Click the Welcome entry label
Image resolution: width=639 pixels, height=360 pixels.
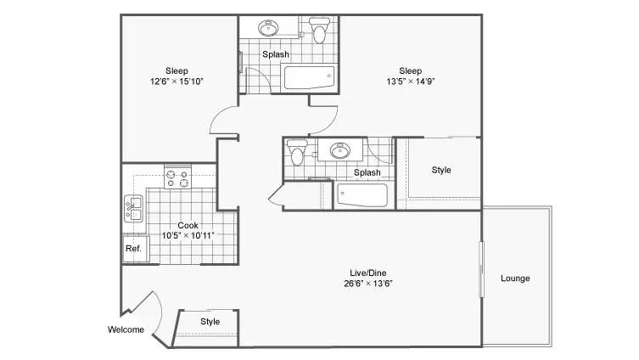(126, 329)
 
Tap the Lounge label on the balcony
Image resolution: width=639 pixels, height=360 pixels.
(515, 278)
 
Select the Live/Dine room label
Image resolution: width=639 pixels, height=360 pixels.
(368, 273)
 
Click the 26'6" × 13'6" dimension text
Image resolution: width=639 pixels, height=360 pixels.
(368, 284)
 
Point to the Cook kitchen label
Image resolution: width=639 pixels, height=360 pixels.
(188, 225)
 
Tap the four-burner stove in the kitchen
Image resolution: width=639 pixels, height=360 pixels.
(177, 177)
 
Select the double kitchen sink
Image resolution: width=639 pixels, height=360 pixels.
(134, 209)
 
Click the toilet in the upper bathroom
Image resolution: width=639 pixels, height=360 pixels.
(319, 31)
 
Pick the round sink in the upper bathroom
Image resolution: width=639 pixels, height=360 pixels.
(268, 28)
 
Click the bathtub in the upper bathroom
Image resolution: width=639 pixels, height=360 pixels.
(309, 77)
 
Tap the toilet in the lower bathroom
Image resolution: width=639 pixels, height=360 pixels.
(297, 152)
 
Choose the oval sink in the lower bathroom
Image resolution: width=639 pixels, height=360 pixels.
(340, 150)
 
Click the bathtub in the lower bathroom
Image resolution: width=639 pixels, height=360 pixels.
(362, 195)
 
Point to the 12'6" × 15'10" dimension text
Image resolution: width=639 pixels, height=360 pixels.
(177, 82)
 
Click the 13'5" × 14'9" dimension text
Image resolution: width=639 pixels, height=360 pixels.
(411, 82)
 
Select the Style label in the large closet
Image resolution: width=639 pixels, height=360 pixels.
(441, 170)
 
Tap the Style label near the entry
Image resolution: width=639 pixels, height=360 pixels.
(210, 322)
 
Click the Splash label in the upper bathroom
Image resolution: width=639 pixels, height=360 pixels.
(276, 54)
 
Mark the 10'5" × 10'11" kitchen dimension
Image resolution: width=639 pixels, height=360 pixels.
(188, 236)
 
